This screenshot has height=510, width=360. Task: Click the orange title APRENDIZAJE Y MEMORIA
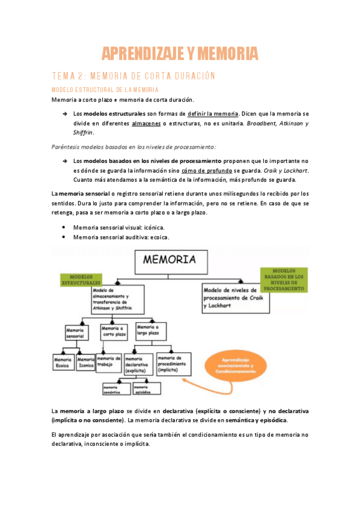pyautogui.click(x=180, y=54)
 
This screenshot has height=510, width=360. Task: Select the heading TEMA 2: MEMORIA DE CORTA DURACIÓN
pyautogui.click(x=133, y=76)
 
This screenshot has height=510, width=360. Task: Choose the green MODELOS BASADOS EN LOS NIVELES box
pyautogui.click(x=284, y=280)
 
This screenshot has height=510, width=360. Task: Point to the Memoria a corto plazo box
pyautogui.click(x=112, y=332)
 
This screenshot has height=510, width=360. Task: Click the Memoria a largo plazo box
pyautogui.click(x=147, y=329)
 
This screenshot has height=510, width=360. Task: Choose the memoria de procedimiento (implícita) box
pyautogui.click(x=174, y=364)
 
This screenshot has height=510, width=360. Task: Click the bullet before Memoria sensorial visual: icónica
pyautogui.click(x=64, y=228)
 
